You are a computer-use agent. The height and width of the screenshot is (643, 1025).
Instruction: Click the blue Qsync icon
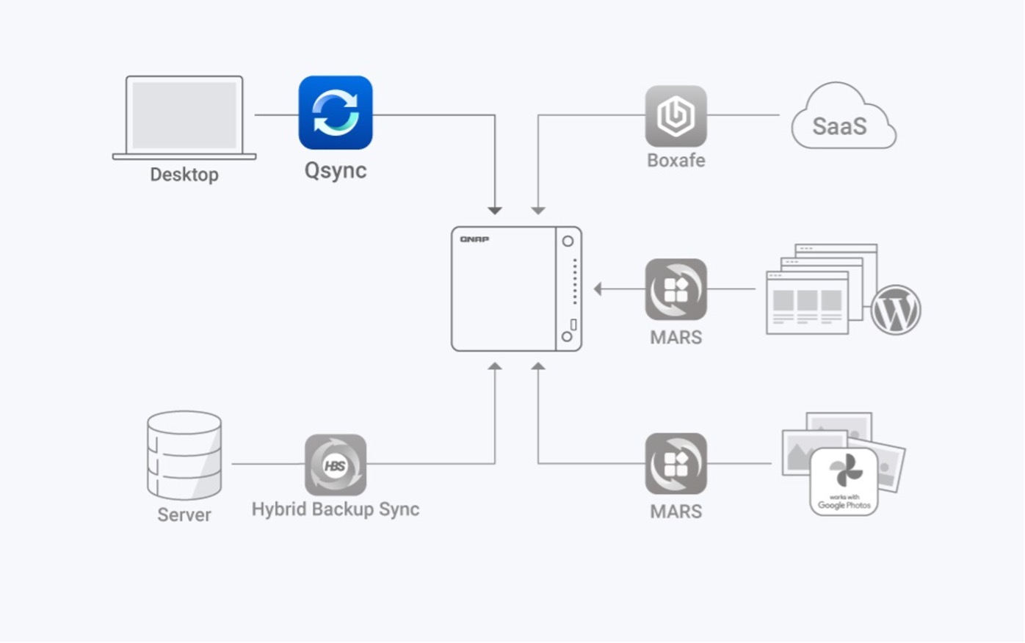click(x=336, y=113)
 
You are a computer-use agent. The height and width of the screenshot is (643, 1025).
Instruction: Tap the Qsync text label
click(x=336, y=170)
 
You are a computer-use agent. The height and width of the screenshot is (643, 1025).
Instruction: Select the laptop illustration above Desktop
click(x=184, y=116)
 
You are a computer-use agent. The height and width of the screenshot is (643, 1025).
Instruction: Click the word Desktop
click(x=184, y=175)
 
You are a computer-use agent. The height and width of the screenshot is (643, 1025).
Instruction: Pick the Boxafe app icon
click(x=676, y=116)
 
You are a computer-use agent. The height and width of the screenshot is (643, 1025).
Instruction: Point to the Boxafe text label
click(x=676, y=160)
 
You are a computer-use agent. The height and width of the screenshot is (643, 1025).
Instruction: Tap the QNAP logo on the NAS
click(x=474, y=239)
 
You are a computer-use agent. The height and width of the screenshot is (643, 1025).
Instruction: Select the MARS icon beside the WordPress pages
click(x=676, y=289)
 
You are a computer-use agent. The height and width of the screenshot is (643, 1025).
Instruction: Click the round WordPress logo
click(x=895, y=310)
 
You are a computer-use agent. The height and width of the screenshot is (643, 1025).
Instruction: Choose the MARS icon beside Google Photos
click(x=676, y=463)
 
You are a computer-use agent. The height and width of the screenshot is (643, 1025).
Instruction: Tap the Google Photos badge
click(x=844, y=481)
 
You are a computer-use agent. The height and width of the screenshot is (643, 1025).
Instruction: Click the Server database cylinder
click(x=184, y=455)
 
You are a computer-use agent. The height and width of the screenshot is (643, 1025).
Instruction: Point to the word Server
click(x=184, y=515)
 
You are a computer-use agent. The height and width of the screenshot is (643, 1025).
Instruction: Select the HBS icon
click(x=336, y=465)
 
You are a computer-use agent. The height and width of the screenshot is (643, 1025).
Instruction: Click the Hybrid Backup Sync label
click(x=336, y=509)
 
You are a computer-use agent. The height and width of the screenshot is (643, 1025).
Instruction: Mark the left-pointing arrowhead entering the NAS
click(x=598, y=289)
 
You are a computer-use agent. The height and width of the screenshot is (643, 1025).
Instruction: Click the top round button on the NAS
click(x=568, y=241)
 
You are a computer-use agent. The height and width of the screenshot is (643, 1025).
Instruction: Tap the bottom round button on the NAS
click(x=567, y=337)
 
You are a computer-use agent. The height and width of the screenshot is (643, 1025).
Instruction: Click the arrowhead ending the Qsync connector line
click(x=495, y=211)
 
